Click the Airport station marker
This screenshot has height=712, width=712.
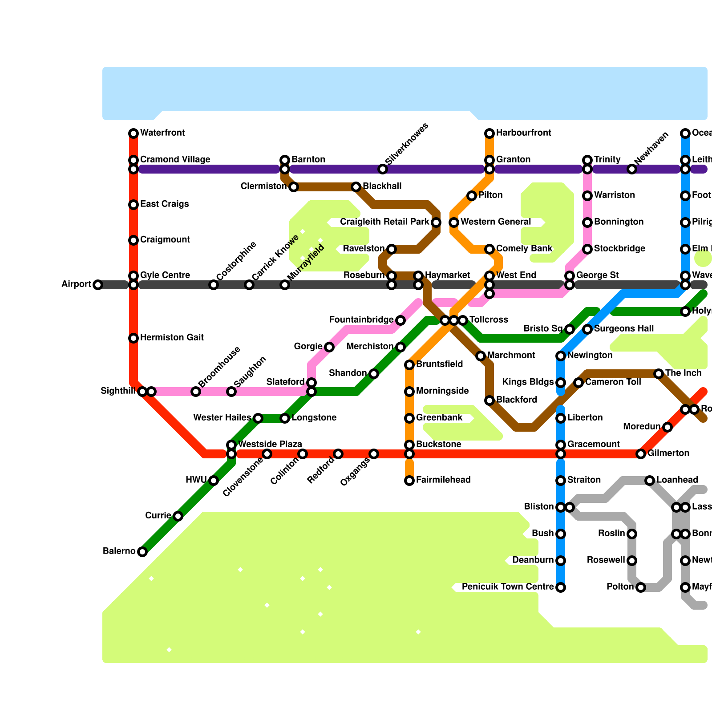(98, 285)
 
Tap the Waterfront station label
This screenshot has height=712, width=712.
(162, 133)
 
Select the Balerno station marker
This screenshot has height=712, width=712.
(142, 552)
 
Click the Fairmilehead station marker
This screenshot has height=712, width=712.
(409, 481)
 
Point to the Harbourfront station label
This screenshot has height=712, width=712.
(524, 133)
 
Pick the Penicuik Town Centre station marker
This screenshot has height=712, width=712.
(561, 587)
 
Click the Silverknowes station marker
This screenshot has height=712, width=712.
(383, 169)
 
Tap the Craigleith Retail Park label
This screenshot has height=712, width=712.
(384, 222)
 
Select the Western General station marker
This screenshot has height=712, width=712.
(454, 222)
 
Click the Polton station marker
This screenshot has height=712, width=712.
(641, 587)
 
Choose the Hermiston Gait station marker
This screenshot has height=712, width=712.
(133, 338)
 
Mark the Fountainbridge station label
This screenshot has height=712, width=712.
(361, 320)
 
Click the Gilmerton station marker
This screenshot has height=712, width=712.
(641, 454)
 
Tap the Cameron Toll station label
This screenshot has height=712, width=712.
(613, 382)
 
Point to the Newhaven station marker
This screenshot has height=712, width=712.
(632, 169)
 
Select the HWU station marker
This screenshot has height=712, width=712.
(214, 481)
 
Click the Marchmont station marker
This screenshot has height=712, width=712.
(481, 356)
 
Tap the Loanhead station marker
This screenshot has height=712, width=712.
(650, 481)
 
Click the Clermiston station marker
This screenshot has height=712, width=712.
(294, 187)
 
